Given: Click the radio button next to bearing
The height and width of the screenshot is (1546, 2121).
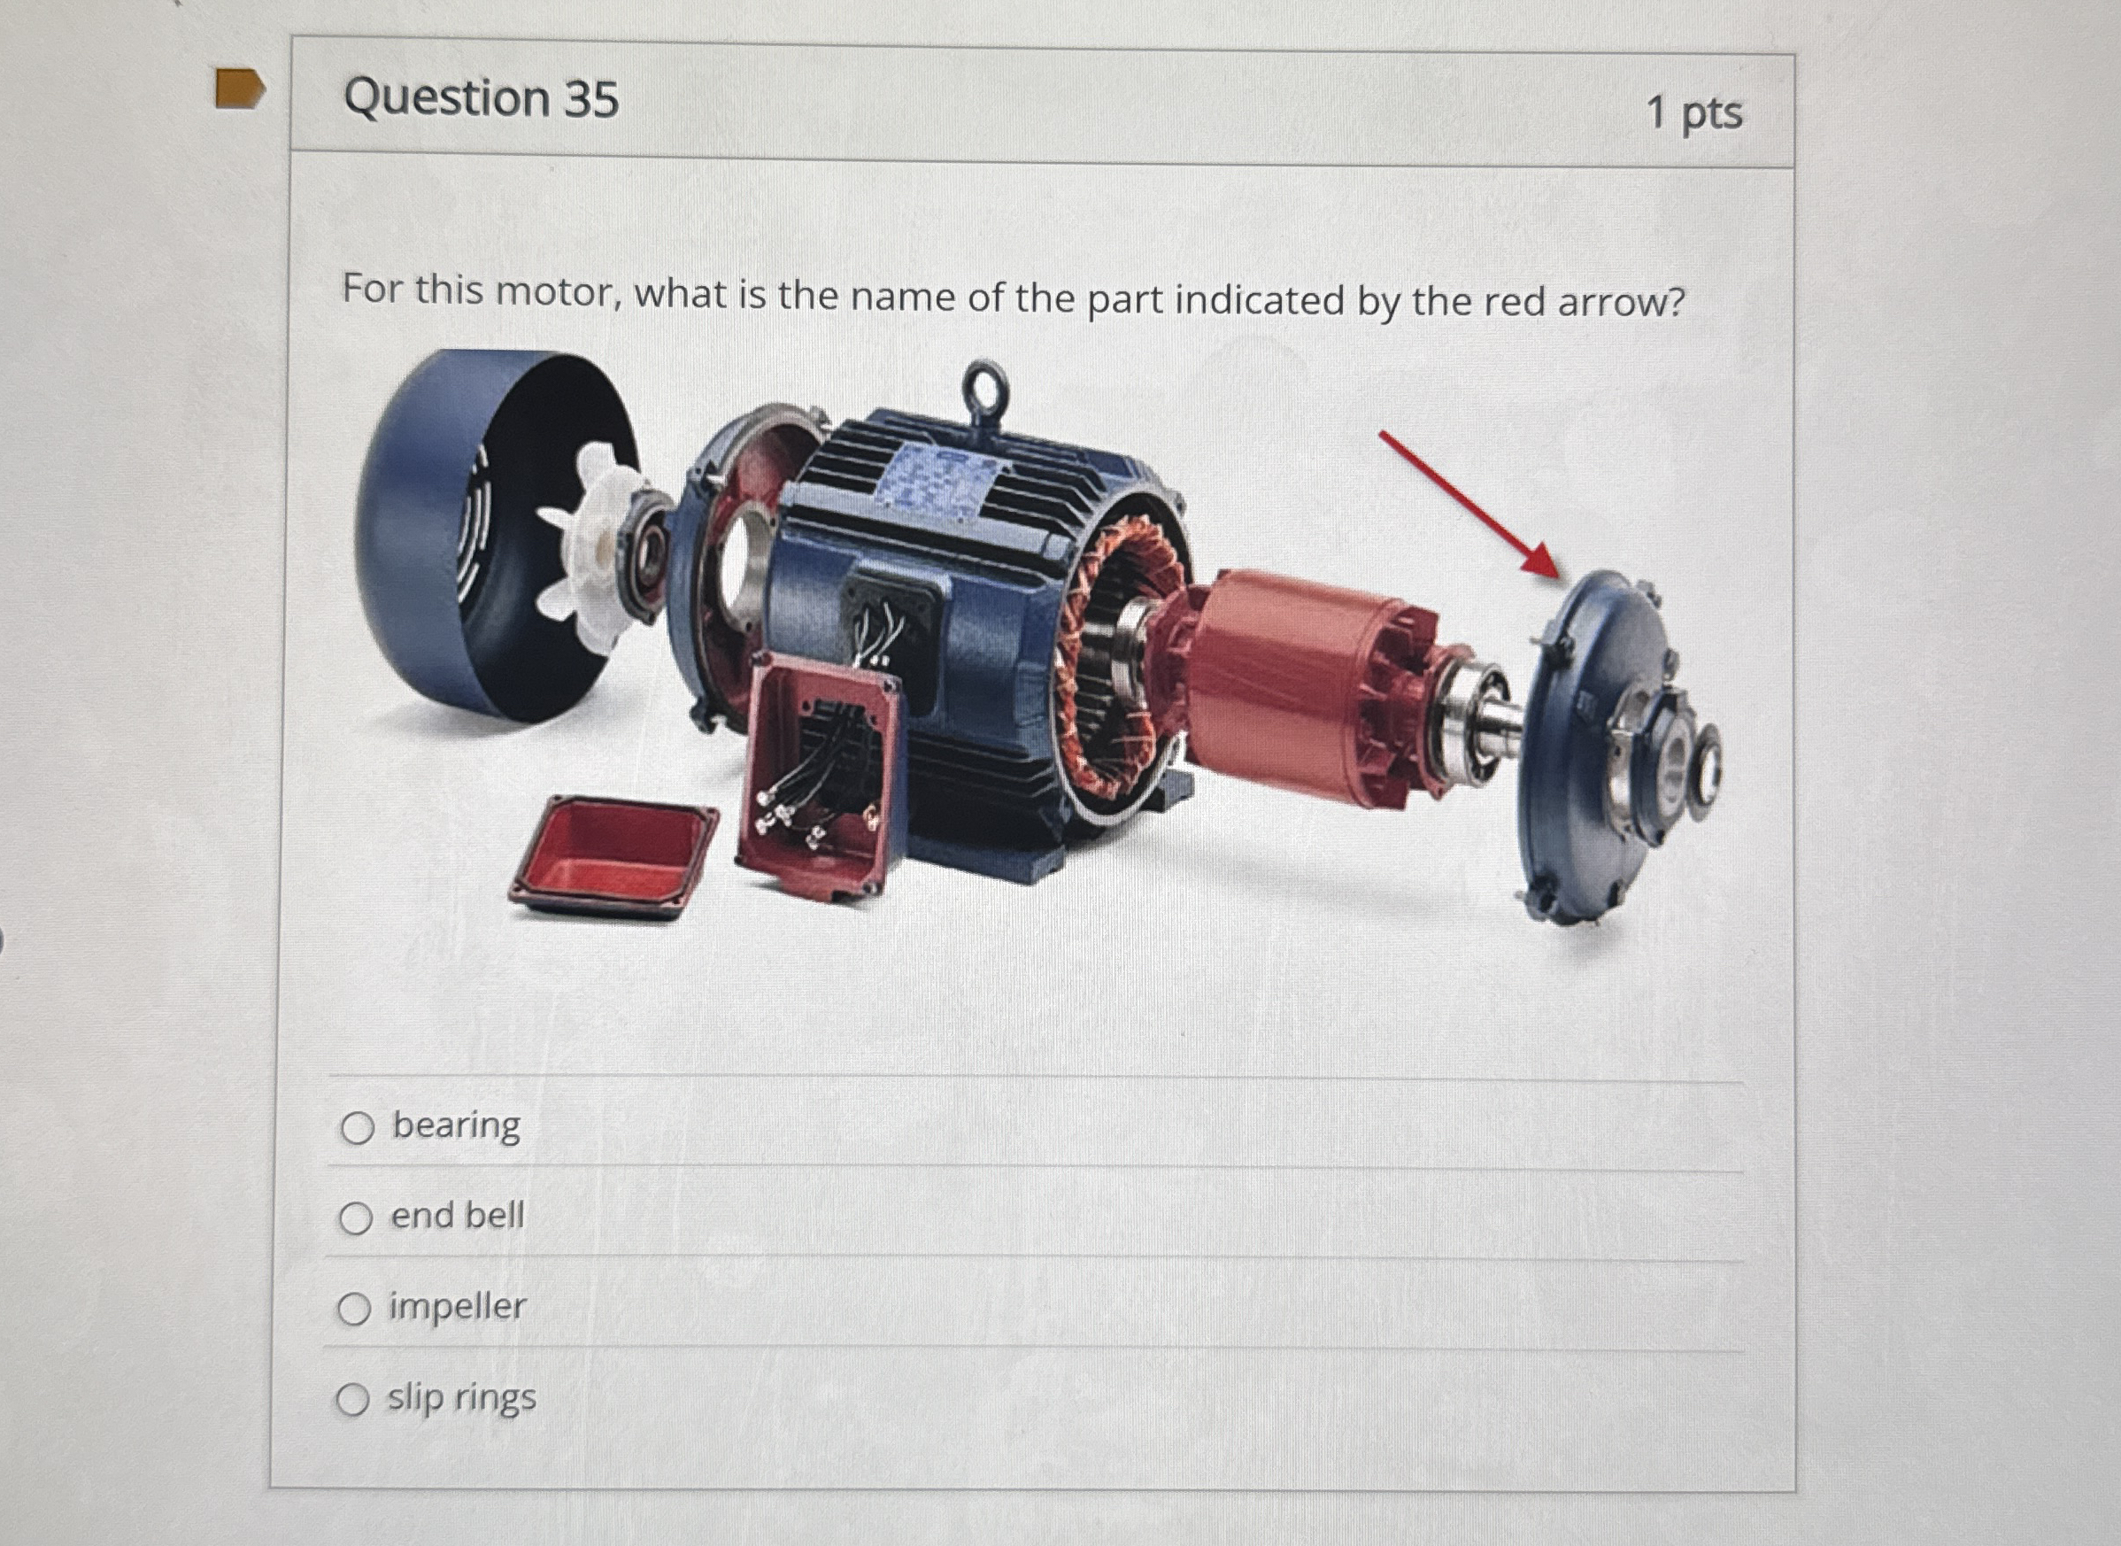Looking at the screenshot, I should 358,1129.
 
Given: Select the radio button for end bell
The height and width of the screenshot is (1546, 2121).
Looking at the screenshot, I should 356,1218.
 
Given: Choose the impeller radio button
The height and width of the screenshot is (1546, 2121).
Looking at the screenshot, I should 354,1310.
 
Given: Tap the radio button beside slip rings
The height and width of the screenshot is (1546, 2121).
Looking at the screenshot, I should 352,1400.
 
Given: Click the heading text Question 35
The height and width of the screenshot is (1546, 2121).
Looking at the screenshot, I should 481,98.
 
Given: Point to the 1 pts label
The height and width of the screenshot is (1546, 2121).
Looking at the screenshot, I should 1693,113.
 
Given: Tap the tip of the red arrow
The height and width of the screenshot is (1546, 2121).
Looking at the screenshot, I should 1555,574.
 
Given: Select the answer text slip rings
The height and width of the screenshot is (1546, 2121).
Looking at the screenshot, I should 462,1397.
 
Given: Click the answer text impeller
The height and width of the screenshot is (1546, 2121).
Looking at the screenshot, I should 458,1306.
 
